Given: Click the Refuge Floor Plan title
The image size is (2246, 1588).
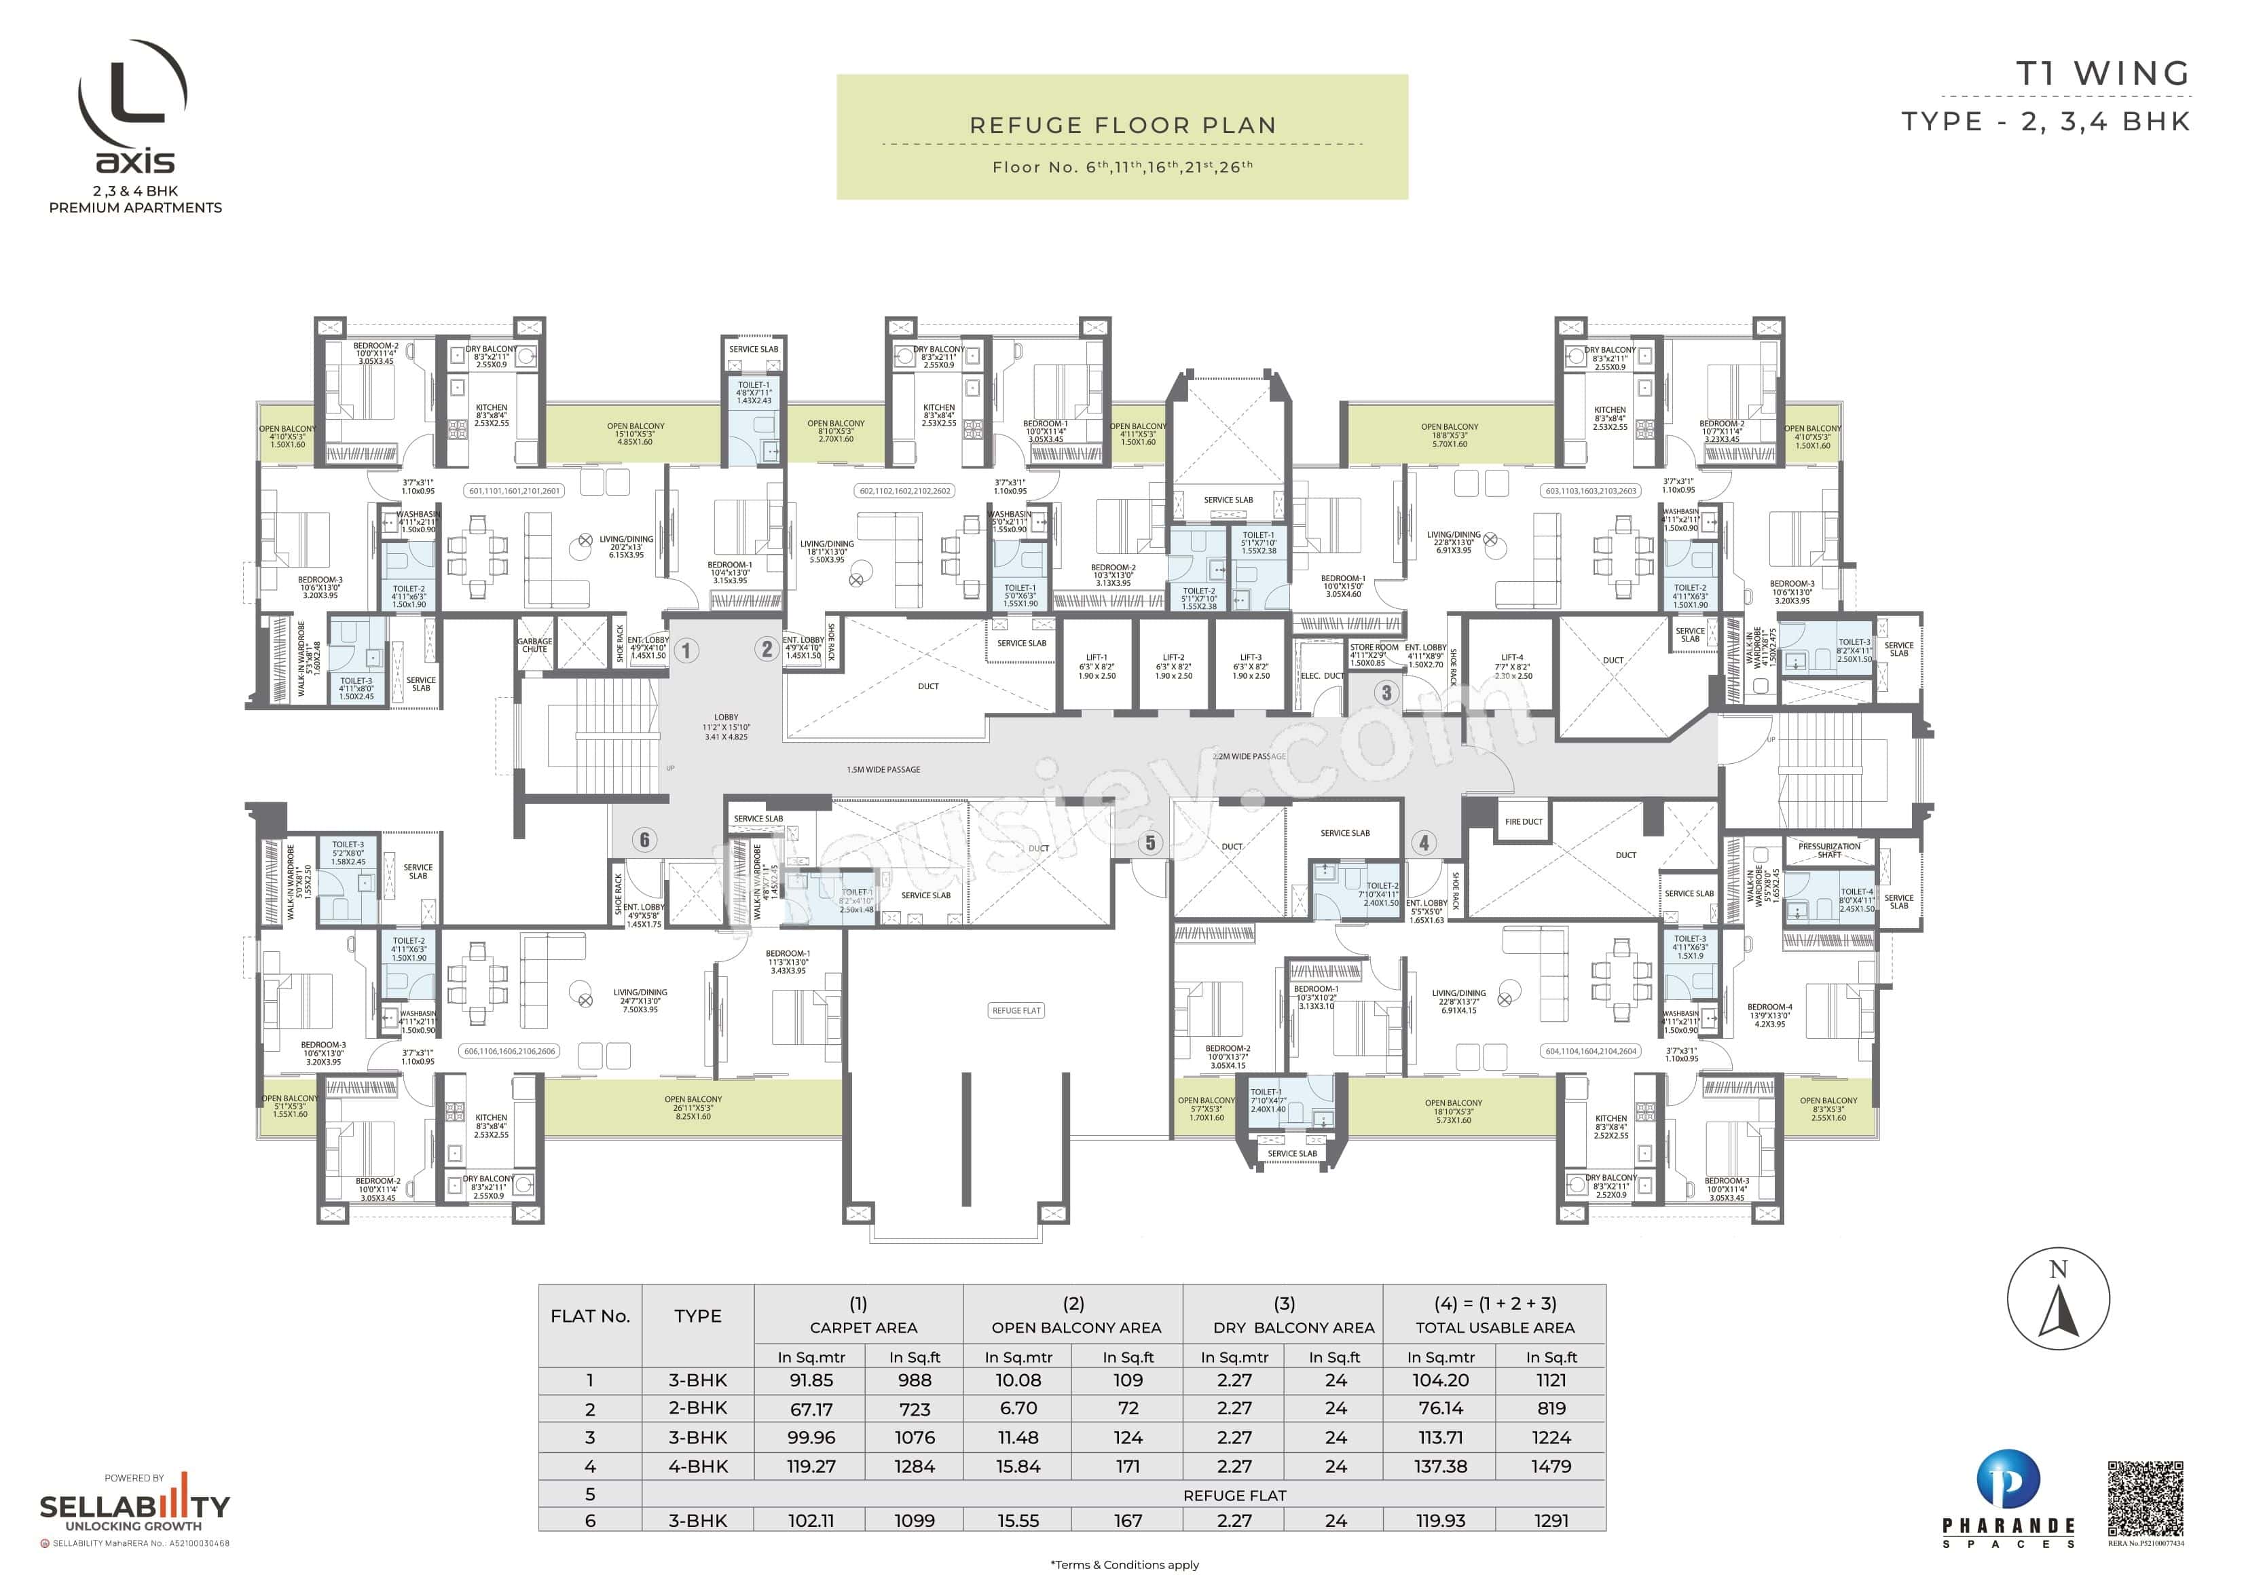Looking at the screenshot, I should pyautogui.click(x=1122, y=125).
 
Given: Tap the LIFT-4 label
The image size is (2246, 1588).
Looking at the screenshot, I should pyautogui.click(x=1511, y=657).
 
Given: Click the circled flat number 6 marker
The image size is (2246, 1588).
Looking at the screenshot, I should pyautogui.click(x=644, y=840).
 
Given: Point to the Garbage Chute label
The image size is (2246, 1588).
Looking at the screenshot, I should pyautogui.click(x=534, y=645).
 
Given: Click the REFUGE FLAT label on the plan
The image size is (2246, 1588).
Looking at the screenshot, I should pyautogui.click(x=1016, y=1011).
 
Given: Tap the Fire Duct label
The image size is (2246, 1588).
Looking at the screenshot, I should pyautogui.click(x=1523, y=822).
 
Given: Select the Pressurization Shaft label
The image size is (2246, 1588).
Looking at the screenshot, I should pyautogui.click(x=1828, y=850).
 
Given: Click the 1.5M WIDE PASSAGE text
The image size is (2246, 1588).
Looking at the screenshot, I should pyautogui.click(x=883, y=770).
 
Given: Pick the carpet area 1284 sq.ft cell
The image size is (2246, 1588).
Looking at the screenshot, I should pyautogui.click(x=914, y=1466).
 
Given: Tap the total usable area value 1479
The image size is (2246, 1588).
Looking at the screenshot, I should pyautogui.click(x=1551, y=1466).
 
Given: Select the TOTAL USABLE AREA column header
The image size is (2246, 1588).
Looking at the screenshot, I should pyautogui.click(x=1494, y=1328).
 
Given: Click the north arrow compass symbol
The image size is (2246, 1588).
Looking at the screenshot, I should pyautogui.click(x=2058, y=1300).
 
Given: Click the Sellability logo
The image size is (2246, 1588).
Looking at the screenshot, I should pyautogui.click(x=134, y=1506).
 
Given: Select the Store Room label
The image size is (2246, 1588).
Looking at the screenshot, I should pyautogui.click(x=1374, y=647).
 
